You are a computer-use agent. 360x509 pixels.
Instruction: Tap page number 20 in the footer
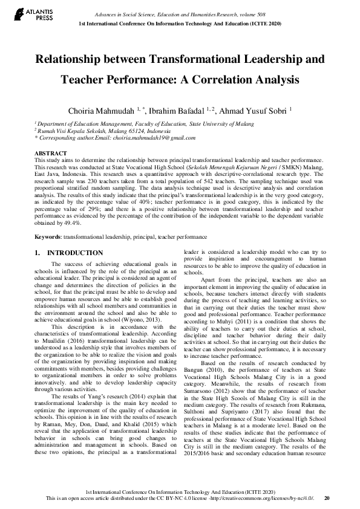click(x=327, y=498)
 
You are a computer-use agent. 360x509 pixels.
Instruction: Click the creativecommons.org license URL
click(x=261, y=498)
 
